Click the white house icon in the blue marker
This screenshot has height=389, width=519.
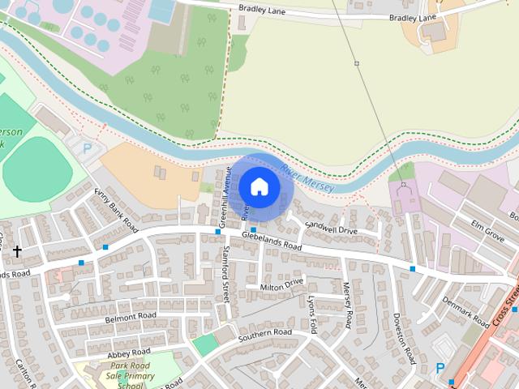coord(259,186)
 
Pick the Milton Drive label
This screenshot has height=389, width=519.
coord(281,284)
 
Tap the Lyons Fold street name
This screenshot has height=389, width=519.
coord(313,311)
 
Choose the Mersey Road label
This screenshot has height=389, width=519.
coord(348,305)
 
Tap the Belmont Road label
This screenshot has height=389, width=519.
coord(131,317)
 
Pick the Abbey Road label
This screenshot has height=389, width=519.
coord(129,353)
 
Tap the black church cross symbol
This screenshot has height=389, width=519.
coord(17,252)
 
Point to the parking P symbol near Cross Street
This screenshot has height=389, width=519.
coord(440,368)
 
